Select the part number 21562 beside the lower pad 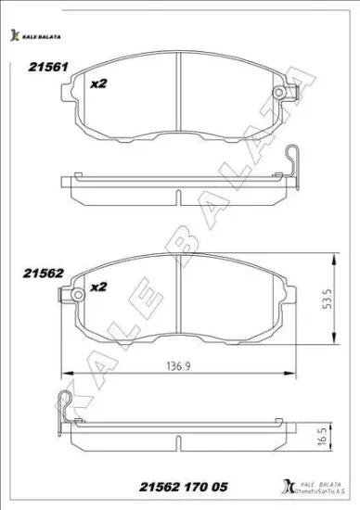click(43, 273)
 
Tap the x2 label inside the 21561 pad click(98, 83)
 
